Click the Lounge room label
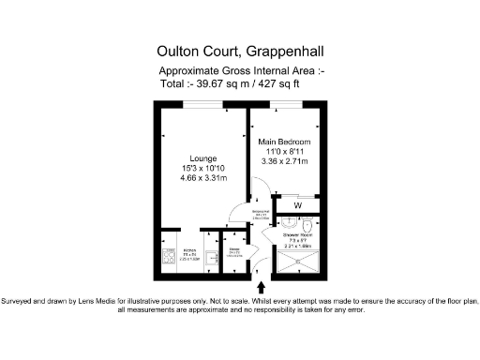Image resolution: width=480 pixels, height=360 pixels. (203, 158)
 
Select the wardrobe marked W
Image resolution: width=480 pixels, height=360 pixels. (298, 205)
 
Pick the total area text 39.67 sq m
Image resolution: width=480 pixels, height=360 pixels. (223, 82)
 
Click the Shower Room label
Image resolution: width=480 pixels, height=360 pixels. (299, 236)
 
